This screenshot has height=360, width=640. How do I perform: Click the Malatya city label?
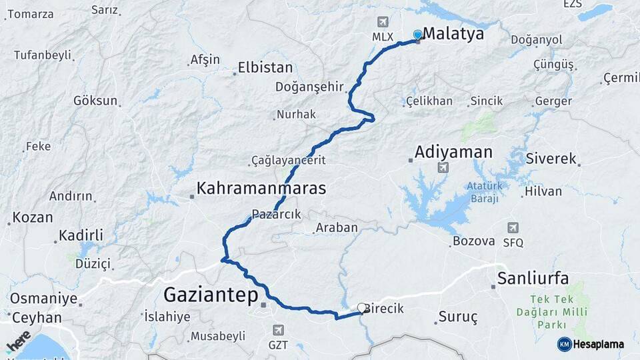(x=453, y=33)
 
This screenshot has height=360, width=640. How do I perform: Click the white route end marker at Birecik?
(x=361, y=308)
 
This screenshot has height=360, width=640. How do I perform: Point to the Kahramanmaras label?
(x=261, y=188)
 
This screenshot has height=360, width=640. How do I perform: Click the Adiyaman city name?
(x=453, y=152)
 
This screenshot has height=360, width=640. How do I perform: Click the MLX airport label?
(x=383, y=37)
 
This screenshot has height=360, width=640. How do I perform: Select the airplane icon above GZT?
(x=277, y=330)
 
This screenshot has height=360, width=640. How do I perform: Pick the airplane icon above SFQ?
(x=513, y=228)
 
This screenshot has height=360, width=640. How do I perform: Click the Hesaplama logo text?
(x=598, y=345)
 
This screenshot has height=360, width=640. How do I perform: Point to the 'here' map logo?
(x=19, y=341)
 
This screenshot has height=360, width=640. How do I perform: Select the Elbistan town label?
(x=265, y=68)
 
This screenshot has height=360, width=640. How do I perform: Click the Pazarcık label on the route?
(x=277, y=215)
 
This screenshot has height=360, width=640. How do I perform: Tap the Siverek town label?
(x=551, y=159)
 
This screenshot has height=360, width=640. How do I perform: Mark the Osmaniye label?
(x=42, y=299)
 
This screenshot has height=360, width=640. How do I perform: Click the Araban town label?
(x=337, y=228)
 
